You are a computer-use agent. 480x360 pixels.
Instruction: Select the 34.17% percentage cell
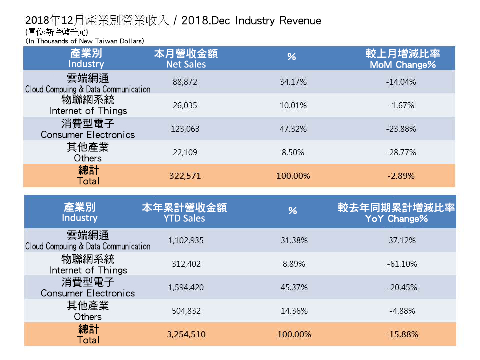pyautogui.click(x=293, y=82)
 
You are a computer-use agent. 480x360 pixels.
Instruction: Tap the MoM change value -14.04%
pyautogui.click(x=401, y=82)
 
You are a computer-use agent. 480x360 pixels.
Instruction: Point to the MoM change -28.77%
pyautogui.click(x=401, y=152)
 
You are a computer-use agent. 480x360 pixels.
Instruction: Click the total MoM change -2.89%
pyautogui.click(x=401, y=176)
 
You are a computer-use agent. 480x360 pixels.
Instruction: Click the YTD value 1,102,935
pyautogui.click(x=186, y=240)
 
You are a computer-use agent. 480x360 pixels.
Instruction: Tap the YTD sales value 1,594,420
pyautogui.click(x=186, y=287)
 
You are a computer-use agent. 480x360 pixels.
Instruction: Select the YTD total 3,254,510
pyautogui.click(x=186, y=334)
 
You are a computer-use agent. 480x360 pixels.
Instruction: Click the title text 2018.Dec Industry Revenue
pyautogui.click(x=251, y=21)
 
